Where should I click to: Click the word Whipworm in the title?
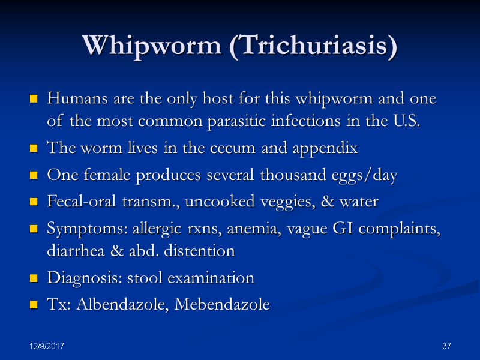(153, 46)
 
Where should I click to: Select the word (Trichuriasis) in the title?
(313, 47)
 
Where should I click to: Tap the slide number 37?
(446, 347)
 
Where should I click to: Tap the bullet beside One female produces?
(34, 176)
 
